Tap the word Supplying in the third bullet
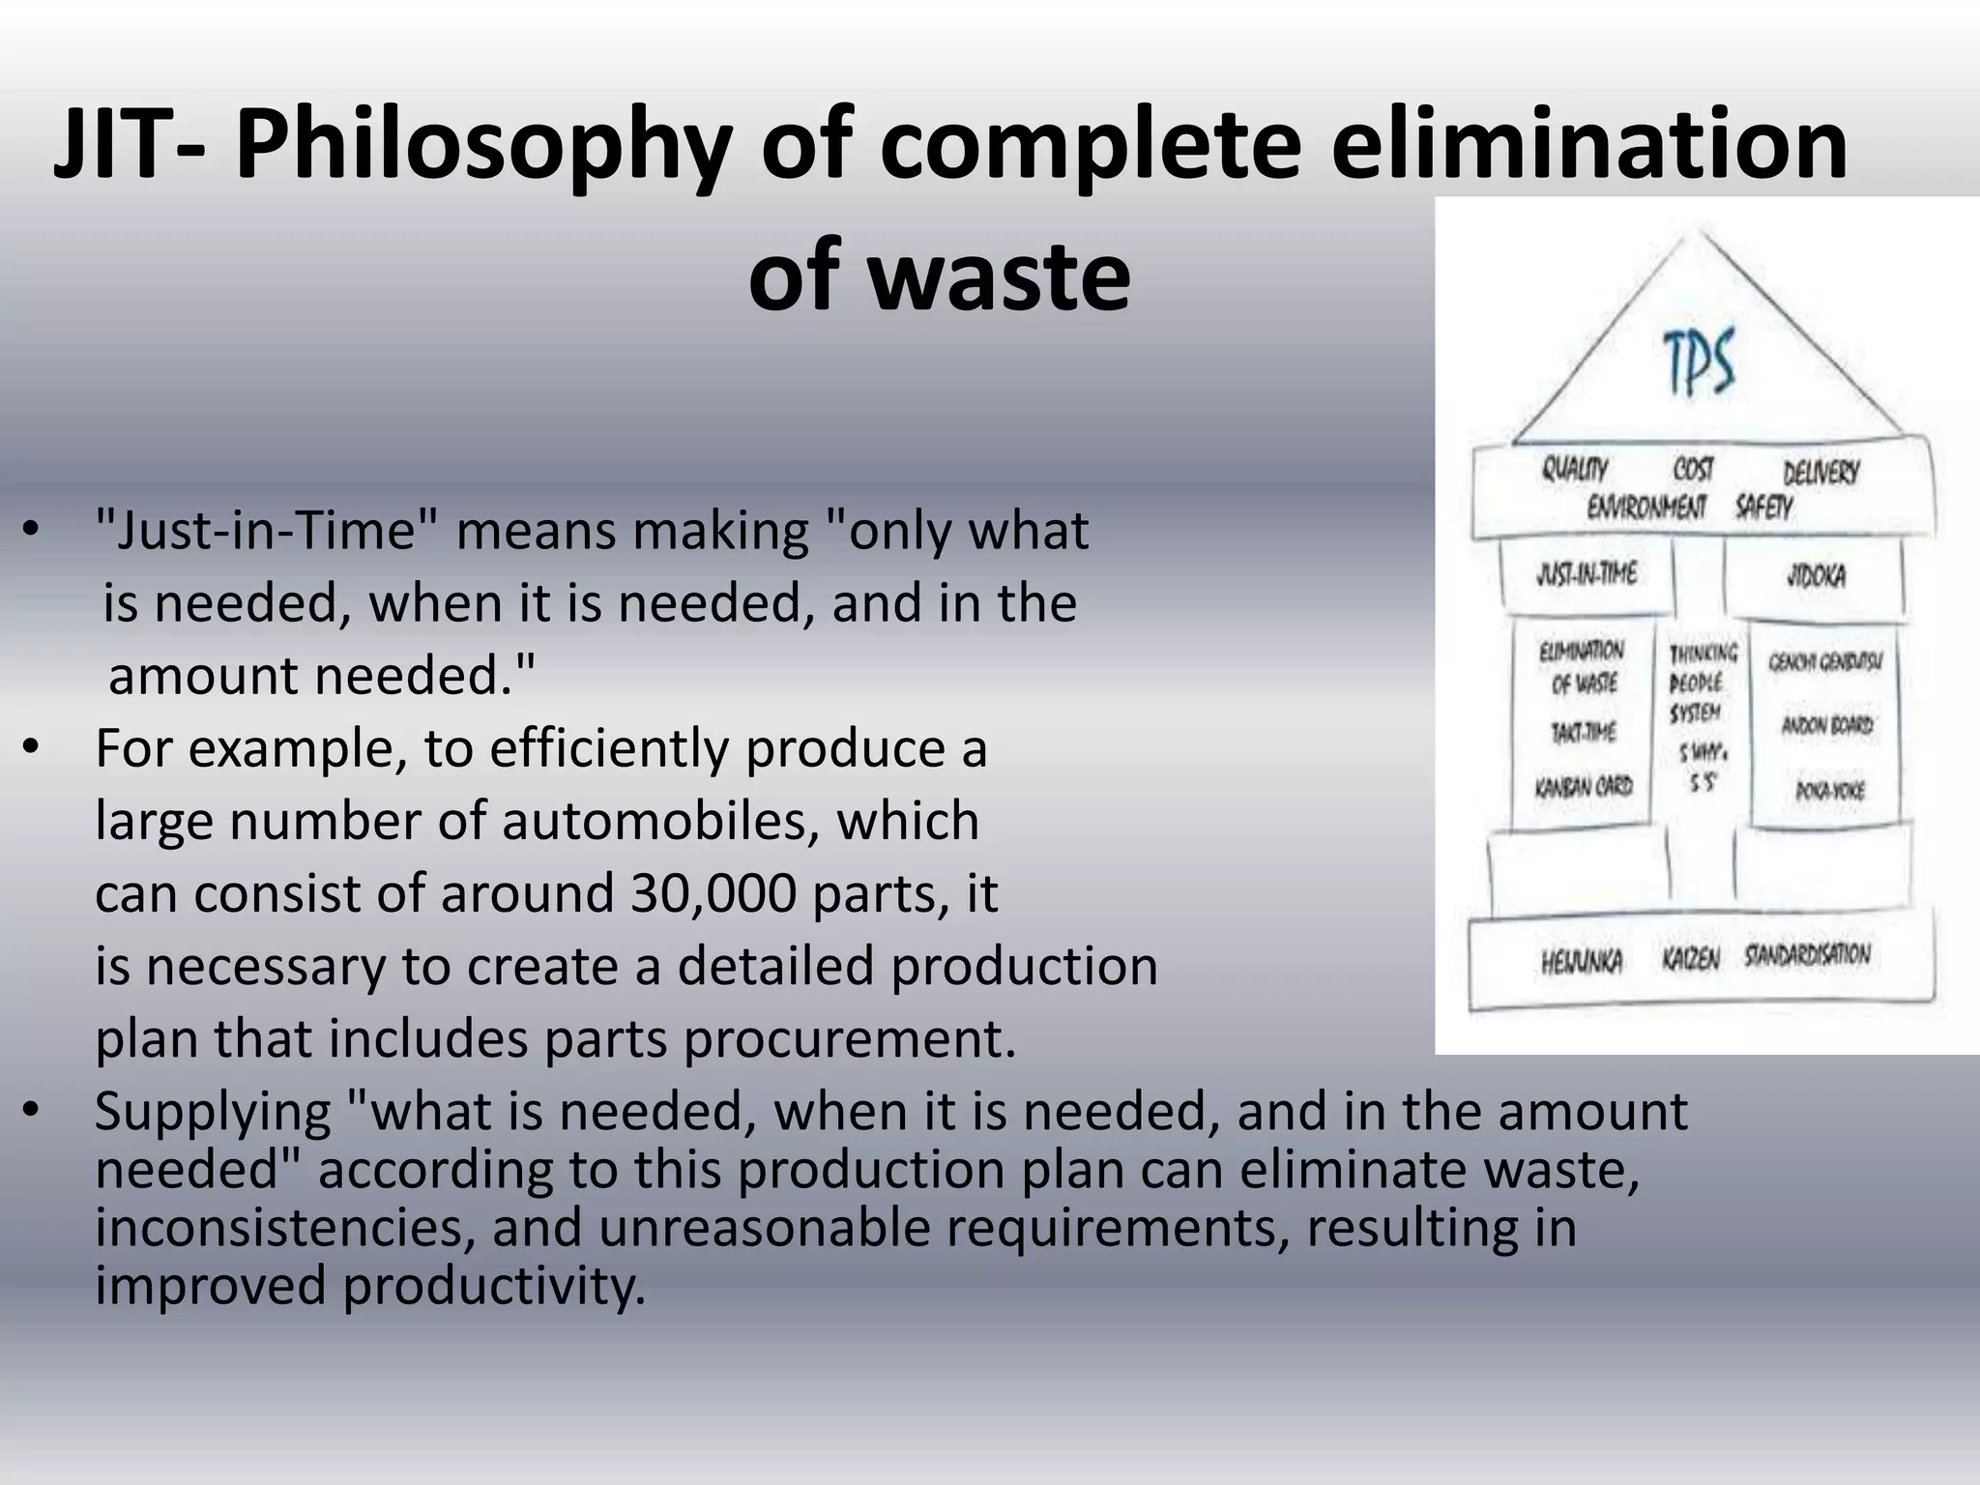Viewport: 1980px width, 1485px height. pos(213,1112)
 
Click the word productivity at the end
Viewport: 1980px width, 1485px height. pos(494,1286)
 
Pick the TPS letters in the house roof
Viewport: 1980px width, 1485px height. pos(1699,363)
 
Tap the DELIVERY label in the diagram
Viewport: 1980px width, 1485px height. pos(1820,473)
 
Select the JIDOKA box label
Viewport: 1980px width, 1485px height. pos(1816,576)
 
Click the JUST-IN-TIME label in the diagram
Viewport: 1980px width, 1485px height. pos(1587,574)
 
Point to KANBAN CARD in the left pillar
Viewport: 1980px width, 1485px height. pos(1584,786)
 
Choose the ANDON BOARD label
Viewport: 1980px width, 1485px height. pos(1826,725)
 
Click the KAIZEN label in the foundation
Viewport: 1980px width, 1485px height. pos(1691,959)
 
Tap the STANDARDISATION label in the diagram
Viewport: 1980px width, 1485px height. pos(1807,955)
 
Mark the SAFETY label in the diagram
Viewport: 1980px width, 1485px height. pos(1763,507)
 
